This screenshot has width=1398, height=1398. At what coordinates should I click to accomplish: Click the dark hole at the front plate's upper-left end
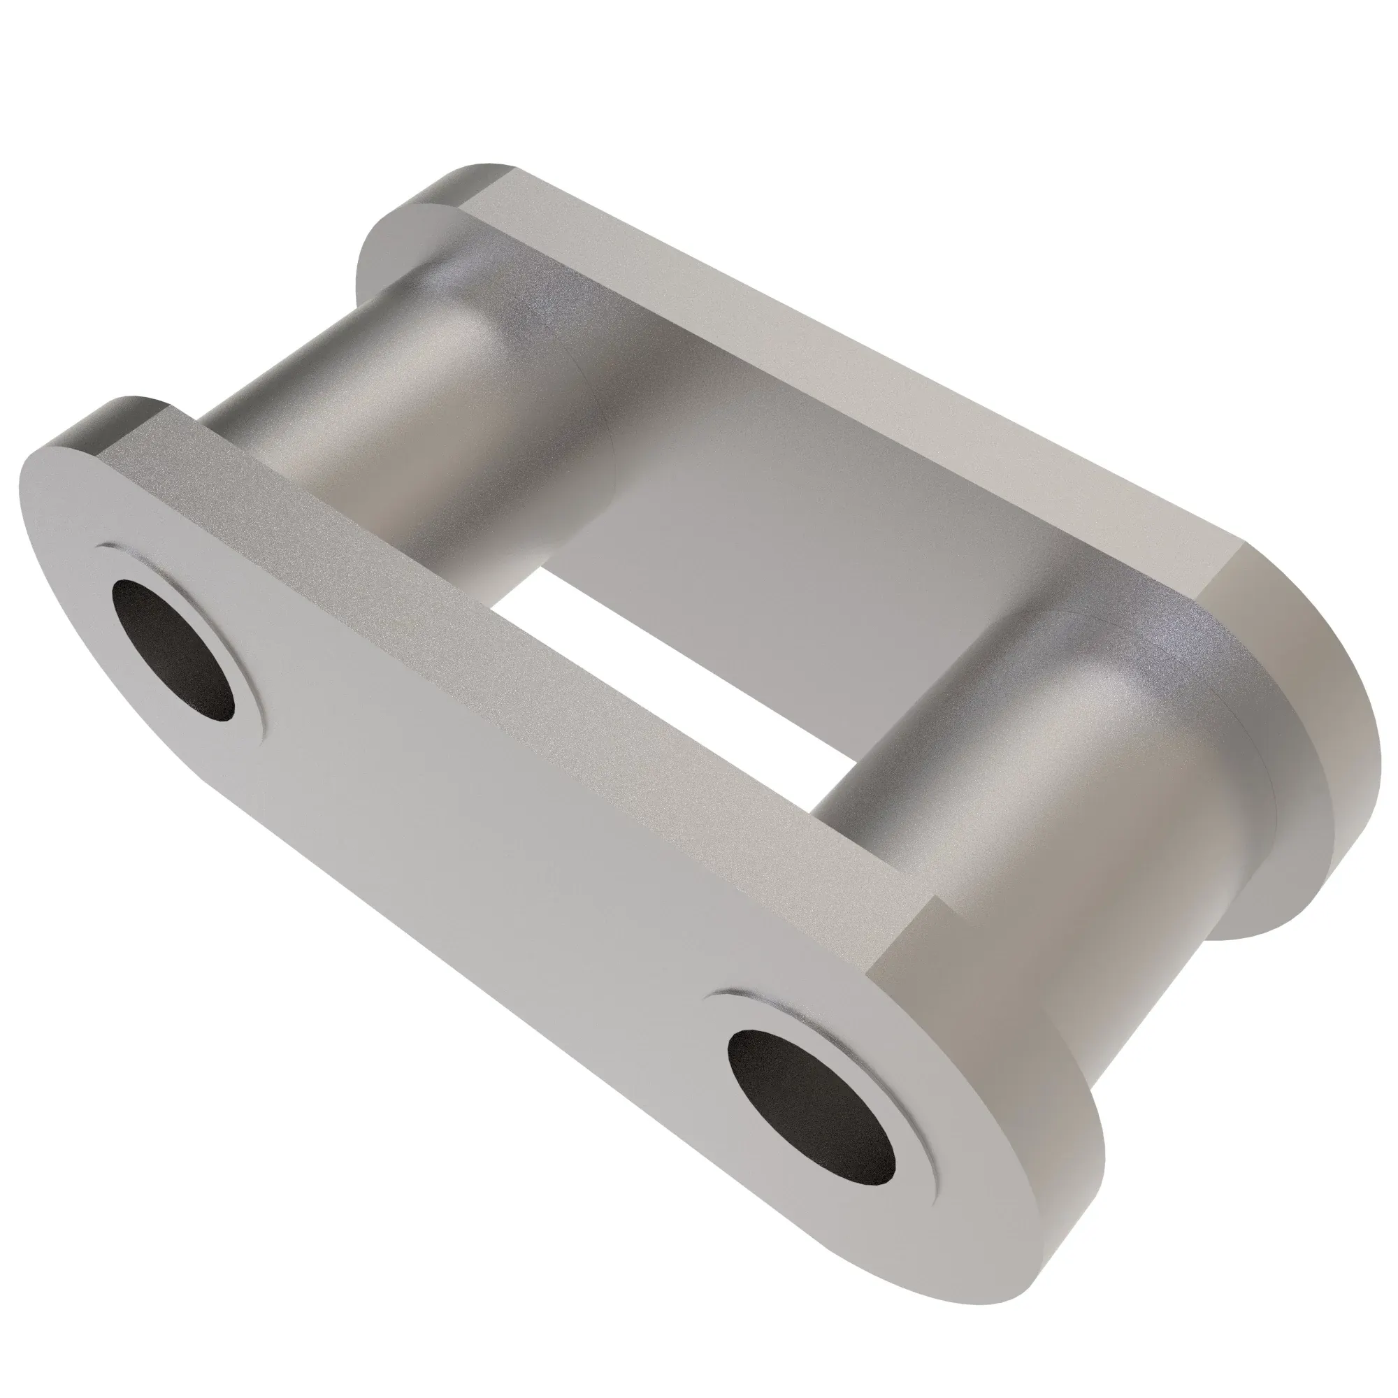click(x=173, y=650)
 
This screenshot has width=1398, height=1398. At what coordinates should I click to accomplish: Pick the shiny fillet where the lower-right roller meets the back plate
click(x=1129, y=651)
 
